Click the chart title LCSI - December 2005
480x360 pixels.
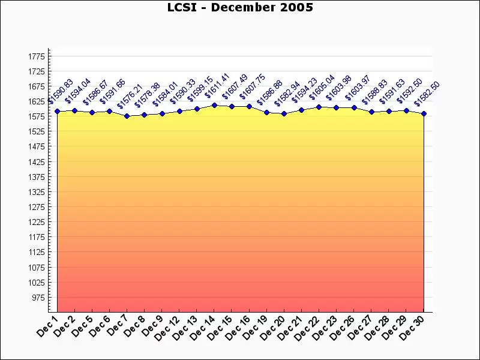tap(239, 7)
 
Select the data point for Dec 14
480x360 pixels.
tap(214, 105)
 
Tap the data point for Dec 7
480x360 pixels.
tap(127, 116)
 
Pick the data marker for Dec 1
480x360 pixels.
tap(57, 111)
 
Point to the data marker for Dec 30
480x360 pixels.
tap(424, 113)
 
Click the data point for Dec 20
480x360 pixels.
tap(284, 113)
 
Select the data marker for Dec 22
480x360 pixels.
tap(319, 107)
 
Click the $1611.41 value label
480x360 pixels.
tap(217, 85)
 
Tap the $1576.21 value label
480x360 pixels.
tap(130, 96)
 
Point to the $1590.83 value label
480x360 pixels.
tap(60, 91)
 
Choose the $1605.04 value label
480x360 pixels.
tap(322, 87)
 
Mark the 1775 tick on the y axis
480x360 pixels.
tap(37, 56)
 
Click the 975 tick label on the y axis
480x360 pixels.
tap(38, 298)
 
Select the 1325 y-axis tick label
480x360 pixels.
tap(37, 192)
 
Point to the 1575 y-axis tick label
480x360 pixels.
tap(37, 116)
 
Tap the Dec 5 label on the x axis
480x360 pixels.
tap(82, 326)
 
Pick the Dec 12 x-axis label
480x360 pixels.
tap(167, 328)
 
